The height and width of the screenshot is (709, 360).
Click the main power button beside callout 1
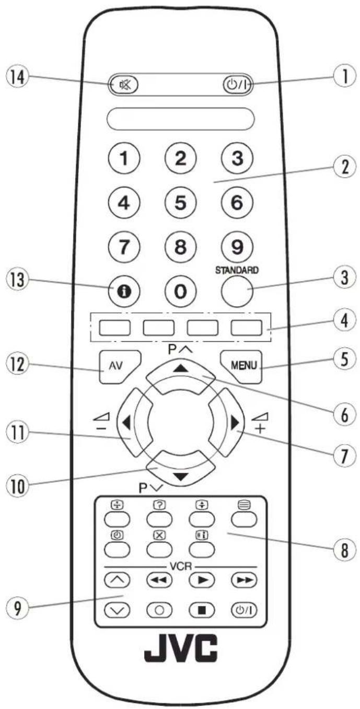236,84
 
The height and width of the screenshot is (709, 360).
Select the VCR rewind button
158,580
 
